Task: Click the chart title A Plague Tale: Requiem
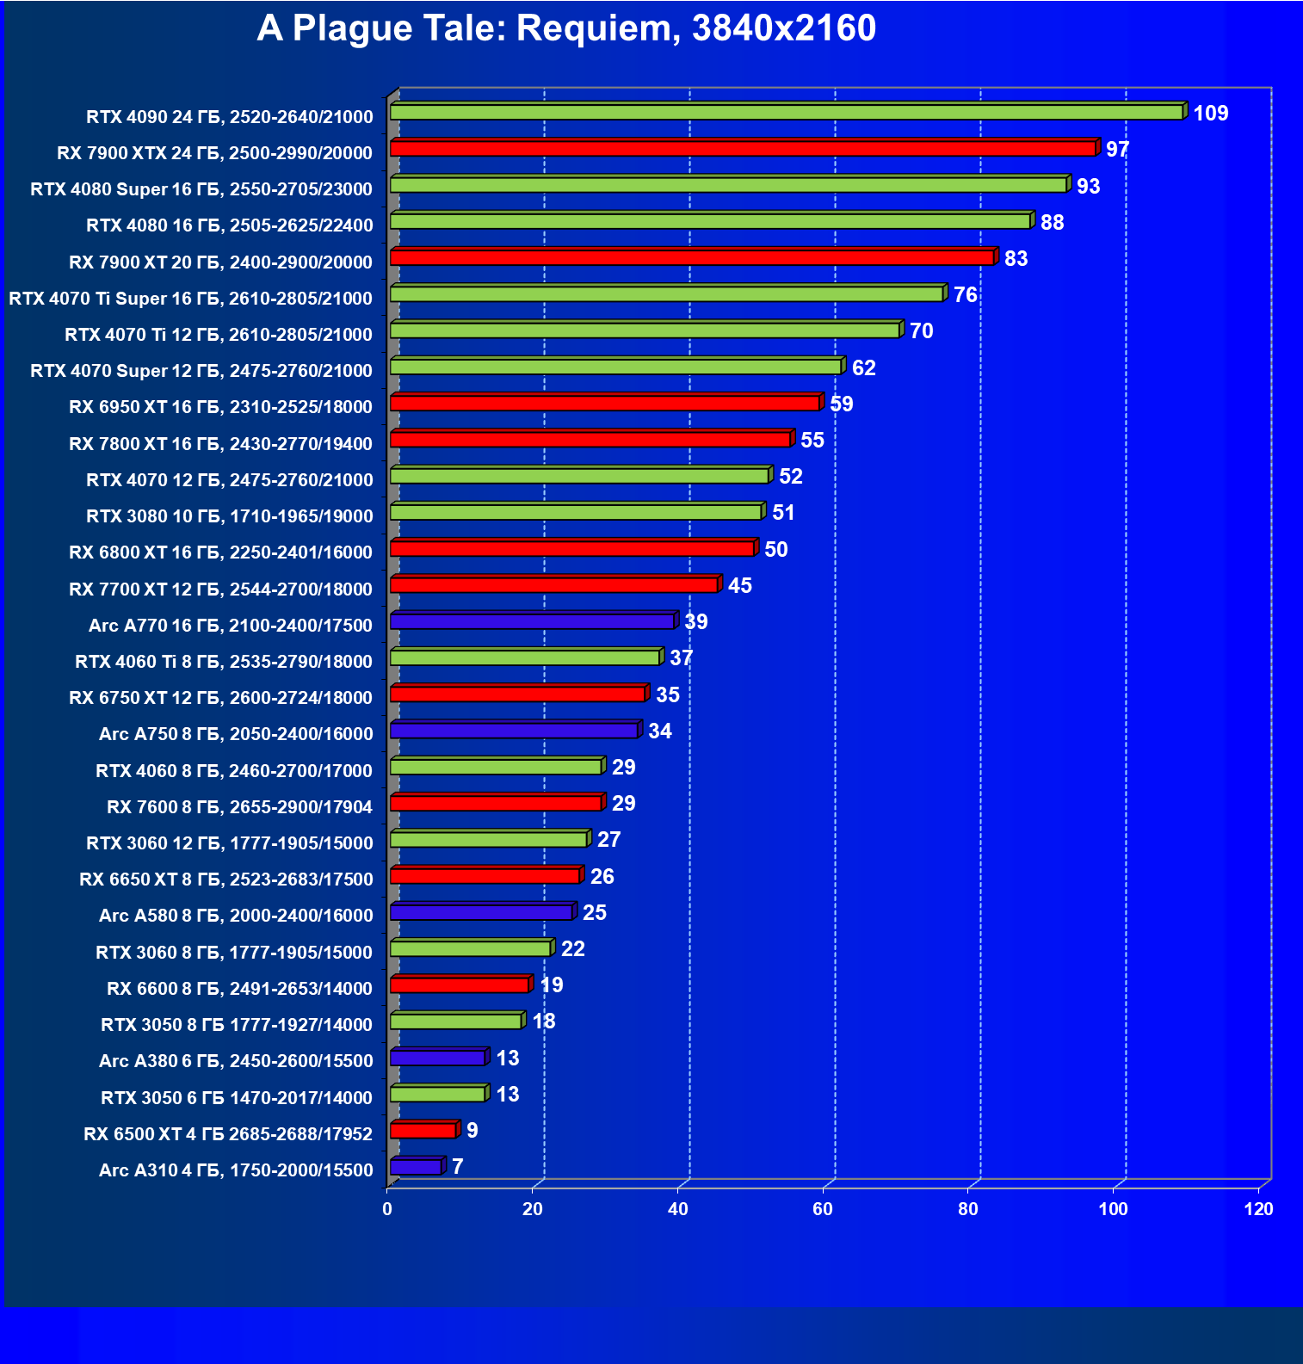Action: click(x=565, y=28)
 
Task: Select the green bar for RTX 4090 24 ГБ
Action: click(x=787, y=113)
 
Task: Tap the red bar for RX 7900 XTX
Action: click(x=743, y=149)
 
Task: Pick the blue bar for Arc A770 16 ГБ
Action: click(x=532, y=621)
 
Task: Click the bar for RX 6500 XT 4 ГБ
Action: click(x=423, y=1130)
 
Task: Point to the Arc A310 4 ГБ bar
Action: click(x=416, y=1167)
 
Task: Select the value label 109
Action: click(x=1210, y=114)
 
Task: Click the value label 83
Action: click(x=1016, y=259)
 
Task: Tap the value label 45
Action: click(x=739, y=586)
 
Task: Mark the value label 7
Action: click(x=457, y=1167)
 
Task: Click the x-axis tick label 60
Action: click(x=823, y=1209)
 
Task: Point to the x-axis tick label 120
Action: click(x=1258, y=1209)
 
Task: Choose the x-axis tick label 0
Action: click(x=387, y=1209)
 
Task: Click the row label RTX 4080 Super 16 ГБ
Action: click(x=201, y=189)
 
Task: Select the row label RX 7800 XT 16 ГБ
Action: click(x=220, y=444)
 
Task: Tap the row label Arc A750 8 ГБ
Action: click(x=236, y=734)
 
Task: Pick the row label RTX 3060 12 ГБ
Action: click(x=230, y=843)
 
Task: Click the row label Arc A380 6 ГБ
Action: click(x=236, y=1061)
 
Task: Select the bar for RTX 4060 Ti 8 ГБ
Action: click(x=525, y=658)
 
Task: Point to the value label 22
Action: click(x=572, y=949)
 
